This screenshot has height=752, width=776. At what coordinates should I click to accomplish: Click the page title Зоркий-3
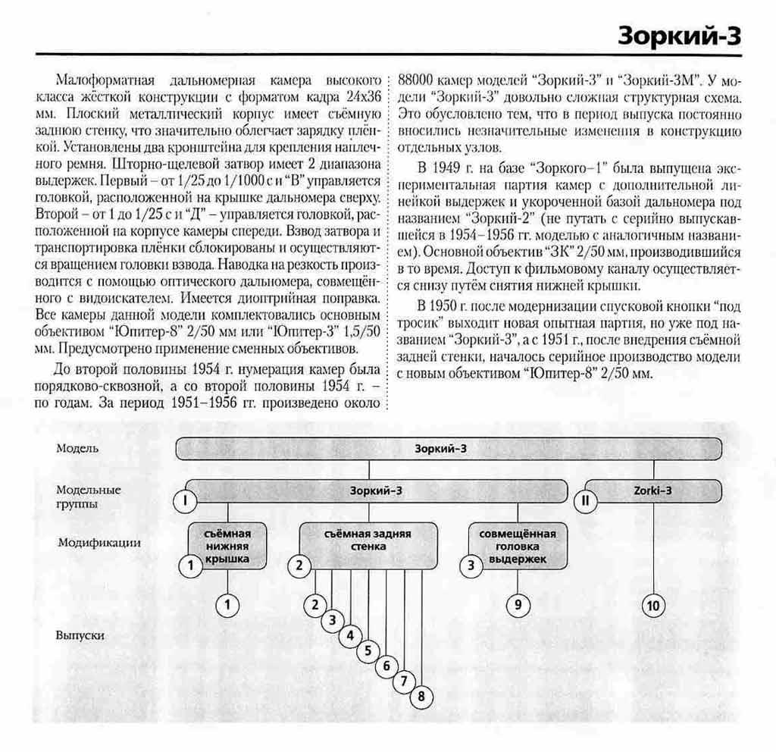pyautogui.click(x=679, y=34)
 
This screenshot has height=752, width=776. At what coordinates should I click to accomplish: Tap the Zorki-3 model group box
pyautogui.click(x=652, y=490)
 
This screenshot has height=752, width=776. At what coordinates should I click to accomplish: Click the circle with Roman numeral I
pyautogui.click(x=185, y=500)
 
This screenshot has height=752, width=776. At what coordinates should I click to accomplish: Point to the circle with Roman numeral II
pyautogui.click(x=585, y=500)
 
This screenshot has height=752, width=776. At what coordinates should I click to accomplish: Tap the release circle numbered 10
pyautogui.click(x=653, y=605)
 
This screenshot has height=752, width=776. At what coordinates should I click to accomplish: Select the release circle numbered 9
pyautogui.click(x=518, y=605)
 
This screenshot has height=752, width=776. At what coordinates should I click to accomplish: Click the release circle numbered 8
pyautogui.click(x=421, y=696)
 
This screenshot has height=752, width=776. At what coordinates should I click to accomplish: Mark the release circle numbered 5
pyautogui.click(x=368, y=650)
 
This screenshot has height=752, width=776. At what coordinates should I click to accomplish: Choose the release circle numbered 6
pyautogui.click(x=386, y=666)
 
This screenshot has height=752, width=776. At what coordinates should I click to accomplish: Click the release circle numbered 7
pyautogui.click(x=404, y=681)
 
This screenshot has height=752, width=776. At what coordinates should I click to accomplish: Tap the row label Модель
pyautogui.click(x=77, y=448)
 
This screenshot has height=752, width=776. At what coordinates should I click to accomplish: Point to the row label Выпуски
pyautogui.click(x=80, y=635)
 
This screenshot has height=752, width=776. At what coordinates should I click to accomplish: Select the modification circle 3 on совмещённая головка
pyautogui.click(x=471, y=565)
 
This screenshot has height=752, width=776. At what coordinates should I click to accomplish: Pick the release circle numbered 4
pyautogui.click(x=349, y=635)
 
